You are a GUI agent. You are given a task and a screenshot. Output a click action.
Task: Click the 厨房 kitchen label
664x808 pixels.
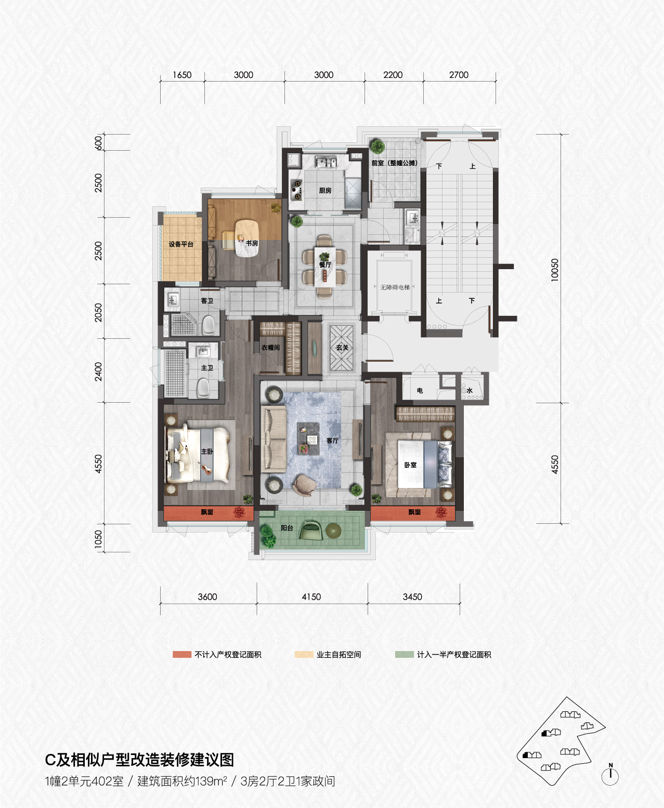click(324, 190)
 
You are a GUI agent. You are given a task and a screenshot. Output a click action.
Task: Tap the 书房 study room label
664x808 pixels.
click(252, 243)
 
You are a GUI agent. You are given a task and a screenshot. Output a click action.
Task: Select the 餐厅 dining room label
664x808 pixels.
click(324, 264)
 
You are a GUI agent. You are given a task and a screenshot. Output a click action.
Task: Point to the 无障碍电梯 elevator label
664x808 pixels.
click(395, 287)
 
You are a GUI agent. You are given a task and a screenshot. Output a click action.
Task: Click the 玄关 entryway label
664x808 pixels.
click(342, 348)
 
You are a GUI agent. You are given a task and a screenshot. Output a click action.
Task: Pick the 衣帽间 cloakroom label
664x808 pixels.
click(270, 348)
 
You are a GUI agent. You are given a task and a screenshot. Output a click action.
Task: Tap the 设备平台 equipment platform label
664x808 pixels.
click(181, 244)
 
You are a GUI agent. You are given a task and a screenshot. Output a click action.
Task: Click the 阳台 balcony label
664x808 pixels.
click(287, 528)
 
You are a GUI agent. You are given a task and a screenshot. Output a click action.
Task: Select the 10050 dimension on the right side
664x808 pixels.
click(555, 270)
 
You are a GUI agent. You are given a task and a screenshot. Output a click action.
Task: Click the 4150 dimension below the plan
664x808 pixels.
click(311, 597)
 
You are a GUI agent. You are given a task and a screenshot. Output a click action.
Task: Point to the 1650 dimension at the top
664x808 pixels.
click(181, 75)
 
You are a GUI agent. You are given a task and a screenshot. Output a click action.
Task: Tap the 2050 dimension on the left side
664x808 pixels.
click(98, 312)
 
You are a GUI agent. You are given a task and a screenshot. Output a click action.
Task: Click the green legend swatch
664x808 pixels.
click(405, 654)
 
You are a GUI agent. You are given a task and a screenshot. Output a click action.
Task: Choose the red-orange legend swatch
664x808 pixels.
click(181, 654)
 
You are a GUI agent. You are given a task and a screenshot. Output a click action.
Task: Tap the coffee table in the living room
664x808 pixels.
click(308, 439)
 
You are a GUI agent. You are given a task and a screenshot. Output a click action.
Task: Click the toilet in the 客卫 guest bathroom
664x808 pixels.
click(208, 325)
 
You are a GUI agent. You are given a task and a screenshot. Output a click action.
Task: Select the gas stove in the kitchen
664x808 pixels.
click(296, 190)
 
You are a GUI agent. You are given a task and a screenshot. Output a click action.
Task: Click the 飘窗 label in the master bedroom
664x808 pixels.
click(207, 512)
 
